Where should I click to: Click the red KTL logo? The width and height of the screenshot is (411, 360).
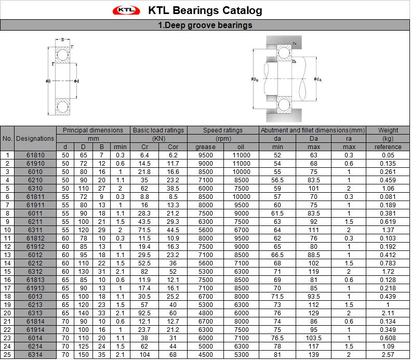126,10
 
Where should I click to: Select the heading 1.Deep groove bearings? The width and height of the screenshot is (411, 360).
205,25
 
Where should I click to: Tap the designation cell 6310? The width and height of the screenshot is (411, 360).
35,189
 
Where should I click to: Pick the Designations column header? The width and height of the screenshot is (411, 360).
35,139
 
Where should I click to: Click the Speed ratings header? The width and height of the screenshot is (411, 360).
223,130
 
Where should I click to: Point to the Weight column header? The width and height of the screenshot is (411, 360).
388,130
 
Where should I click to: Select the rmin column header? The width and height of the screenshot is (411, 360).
120,147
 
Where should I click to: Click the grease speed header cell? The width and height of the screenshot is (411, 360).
206,147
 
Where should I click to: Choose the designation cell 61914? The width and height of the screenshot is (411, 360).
35,329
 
